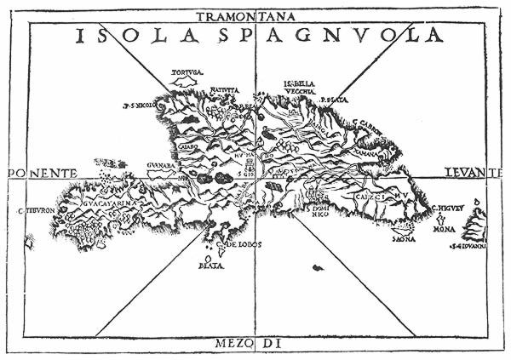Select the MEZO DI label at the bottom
(x=256, y=345)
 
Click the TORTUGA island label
(x=186, y=73)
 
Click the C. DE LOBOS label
(x=242, y=244)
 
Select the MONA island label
(x=445, y=229)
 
